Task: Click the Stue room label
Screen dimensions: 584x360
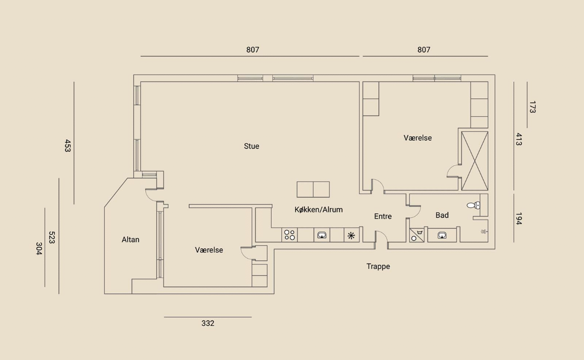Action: click(251, 146)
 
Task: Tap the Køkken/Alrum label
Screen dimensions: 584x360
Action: click(318, 209)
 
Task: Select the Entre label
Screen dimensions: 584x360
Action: click(383, 216)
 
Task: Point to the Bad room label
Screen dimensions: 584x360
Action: click(442, 215)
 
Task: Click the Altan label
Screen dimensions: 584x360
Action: click(130, 240)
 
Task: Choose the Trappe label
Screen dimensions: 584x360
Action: click(378, 266)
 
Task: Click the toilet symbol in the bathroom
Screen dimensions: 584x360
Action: click(473, 205)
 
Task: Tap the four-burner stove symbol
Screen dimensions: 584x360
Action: click(289, 235)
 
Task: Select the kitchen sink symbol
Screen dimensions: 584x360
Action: click(322, 235)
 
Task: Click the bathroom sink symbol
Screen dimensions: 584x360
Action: click(442, 235)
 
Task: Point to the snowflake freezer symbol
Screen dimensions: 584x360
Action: click(351, 235)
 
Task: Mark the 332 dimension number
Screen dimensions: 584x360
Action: click(208, 323)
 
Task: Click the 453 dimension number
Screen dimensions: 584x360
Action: click(67, 145)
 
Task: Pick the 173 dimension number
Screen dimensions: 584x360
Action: click(532, 107)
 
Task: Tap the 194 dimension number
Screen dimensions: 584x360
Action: click(518, 218)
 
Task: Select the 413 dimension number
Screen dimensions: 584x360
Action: click(518, 139)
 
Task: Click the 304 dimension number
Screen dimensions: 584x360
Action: click(38, 248)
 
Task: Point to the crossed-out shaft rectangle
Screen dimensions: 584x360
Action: click(474, 161)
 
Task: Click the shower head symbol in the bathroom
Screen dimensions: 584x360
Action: click(483, 231)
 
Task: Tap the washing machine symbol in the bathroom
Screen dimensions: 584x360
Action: click(417, 235)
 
